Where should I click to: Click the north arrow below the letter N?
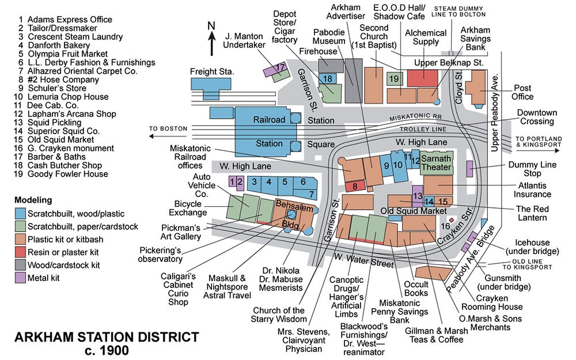pyautogui.click(x=211, y=43)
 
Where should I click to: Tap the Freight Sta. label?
pyautogui.click(x=211, y=71)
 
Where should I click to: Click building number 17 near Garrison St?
pyautogui.click(x=277, y=71)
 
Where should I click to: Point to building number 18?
pyautogui.click(x=327, y=78)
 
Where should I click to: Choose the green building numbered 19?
pyautogui.click(x=395, y=78)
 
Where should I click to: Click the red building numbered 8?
pyautogui.click(x=355, y=186)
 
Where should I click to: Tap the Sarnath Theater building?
pyautogui.click(x=437, y=162)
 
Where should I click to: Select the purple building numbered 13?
pyautogui.click(x=417, y=195)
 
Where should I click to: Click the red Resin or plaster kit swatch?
pyautogui.click(x=20, y=252)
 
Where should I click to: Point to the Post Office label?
pyautogui.click(x=522, y=92)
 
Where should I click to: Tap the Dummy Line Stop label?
pyautogui.click(x=532, y=169)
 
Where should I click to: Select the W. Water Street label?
pyautogui.click(x=363, y=260)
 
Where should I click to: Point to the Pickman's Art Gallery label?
pyautogui.click(x=181, y=232)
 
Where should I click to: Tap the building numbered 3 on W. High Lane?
pyautogui.click(x=254, y=184)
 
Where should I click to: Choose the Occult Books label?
pyautogui.click(x=416, y=289)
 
